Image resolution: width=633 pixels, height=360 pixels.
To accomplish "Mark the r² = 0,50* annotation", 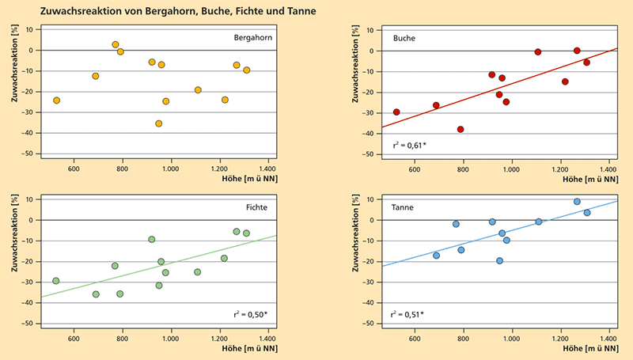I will (x=256, y=314).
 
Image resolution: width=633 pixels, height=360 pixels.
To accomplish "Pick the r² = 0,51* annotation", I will (x=407, y=314).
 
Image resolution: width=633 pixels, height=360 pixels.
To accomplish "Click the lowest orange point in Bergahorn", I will (x=159, y=123).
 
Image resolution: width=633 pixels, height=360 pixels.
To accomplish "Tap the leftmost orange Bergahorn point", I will (x=56, y=100).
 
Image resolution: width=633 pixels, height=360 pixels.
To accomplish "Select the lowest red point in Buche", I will (x=461, y=129).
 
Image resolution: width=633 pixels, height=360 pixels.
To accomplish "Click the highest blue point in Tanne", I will (x=577, y=202).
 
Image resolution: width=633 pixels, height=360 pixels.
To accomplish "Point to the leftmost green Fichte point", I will (x=56, y=281).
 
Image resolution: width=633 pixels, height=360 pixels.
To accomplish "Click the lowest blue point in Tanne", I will (x=499, y=261).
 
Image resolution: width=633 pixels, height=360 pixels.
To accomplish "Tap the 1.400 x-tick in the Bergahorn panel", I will (x=267, y=168).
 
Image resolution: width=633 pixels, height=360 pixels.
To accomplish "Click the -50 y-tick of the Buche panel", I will (x=370, y=154).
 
